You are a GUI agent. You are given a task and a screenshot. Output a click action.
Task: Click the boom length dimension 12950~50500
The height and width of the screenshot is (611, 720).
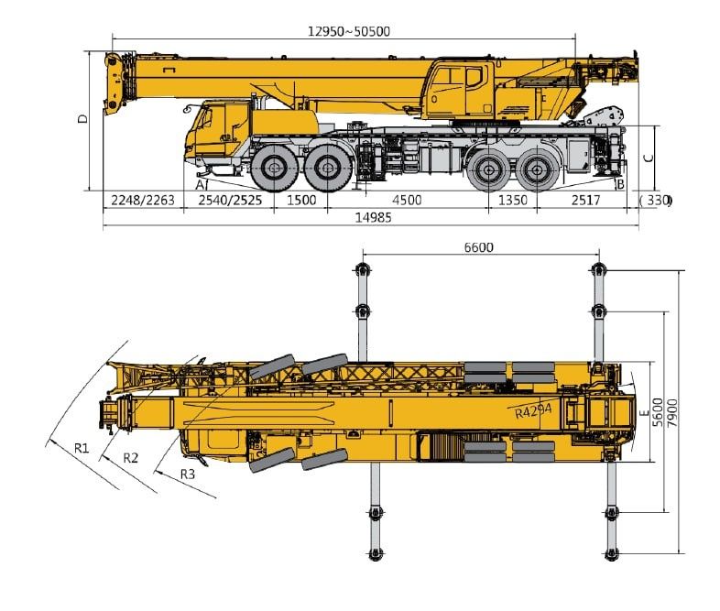[x=348, y=30]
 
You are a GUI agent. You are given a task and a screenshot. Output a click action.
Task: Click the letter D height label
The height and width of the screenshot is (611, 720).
[x=82, y=119]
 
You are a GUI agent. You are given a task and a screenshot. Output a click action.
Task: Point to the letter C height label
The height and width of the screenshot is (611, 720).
[x=649, y=157]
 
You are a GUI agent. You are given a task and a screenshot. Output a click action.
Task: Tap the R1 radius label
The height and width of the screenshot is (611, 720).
[x=81, y=448]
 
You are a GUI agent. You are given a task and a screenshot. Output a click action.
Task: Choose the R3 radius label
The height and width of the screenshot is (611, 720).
[x=187, y=474]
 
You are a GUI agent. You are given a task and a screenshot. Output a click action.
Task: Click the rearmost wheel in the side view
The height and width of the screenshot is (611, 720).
[x=537, y=169]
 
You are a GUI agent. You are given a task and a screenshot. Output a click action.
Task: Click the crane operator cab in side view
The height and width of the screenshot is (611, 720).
[x=458, y=89]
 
